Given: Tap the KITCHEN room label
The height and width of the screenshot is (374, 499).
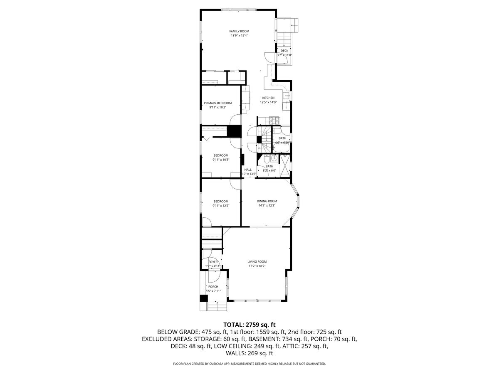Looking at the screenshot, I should [x=268, y=98].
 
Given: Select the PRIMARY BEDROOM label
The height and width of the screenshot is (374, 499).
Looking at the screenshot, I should [x=217, y=103].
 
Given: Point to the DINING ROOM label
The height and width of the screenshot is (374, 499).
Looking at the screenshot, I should [x=267, y=201].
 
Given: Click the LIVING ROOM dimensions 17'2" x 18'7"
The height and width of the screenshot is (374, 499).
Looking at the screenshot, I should [x=257, y=266].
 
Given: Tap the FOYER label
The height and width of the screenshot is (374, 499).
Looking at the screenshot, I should [x=213, y=262].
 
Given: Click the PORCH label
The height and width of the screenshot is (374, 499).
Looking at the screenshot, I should [x=213, y=287].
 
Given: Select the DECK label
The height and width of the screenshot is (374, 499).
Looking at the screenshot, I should [x=284, y=51].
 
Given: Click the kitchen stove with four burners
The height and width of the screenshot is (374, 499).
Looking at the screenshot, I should [x=274, y=122].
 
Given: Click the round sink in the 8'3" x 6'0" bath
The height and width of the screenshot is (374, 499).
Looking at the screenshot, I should [x=274, y=158].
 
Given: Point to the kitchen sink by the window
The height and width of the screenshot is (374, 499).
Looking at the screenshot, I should [x=287, y=96].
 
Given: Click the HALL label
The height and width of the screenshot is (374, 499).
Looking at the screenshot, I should [x=248, y=170].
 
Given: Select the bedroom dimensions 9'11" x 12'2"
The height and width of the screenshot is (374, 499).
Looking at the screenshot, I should [x=221, y=206].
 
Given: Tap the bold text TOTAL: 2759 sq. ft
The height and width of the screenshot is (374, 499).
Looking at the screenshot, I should [x=249, y=325].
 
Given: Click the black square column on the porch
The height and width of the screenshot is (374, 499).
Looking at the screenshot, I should [x=203, y=298].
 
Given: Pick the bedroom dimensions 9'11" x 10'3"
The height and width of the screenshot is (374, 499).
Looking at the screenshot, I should [x=221, y=160].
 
